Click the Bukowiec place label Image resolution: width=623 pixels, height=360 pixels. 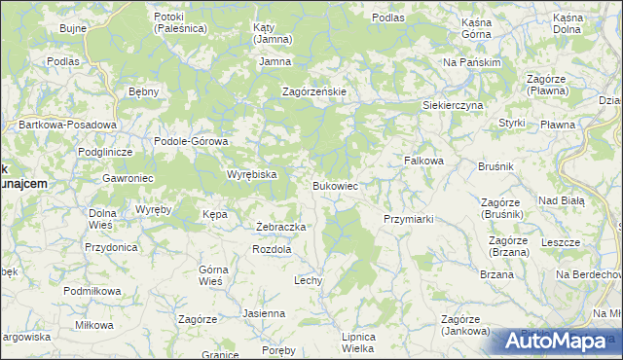click(336, 185)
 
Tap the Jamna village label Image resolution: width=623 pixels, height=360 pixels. click(275, 62)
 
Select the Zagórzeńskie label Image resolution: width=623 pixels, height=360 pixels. click(314, 91)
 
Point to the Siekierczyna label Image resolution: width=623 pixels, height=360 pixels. click(453, 104)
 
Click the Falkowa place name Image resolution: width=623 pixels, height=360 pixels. click(423, 161)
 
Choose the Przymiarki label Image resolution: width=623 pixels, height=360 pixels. click(408, 220)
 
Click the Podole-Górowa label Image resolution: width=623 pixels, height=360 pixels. click(191, 141)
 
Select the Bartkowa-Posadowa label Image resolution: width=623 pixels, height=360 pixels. click(68, 125)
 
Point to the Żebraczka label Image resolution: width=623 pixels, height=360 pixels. click(281, 227)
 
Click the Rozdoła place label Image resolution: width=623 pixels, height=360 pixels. click(272, 249)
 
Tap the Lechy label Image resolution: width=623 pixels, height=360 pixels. click(308, 280)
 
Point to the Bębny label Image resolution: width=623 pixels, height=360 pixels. click(143, 91)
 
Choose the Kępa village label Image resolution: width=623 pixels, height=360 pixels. click(214, 213)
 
